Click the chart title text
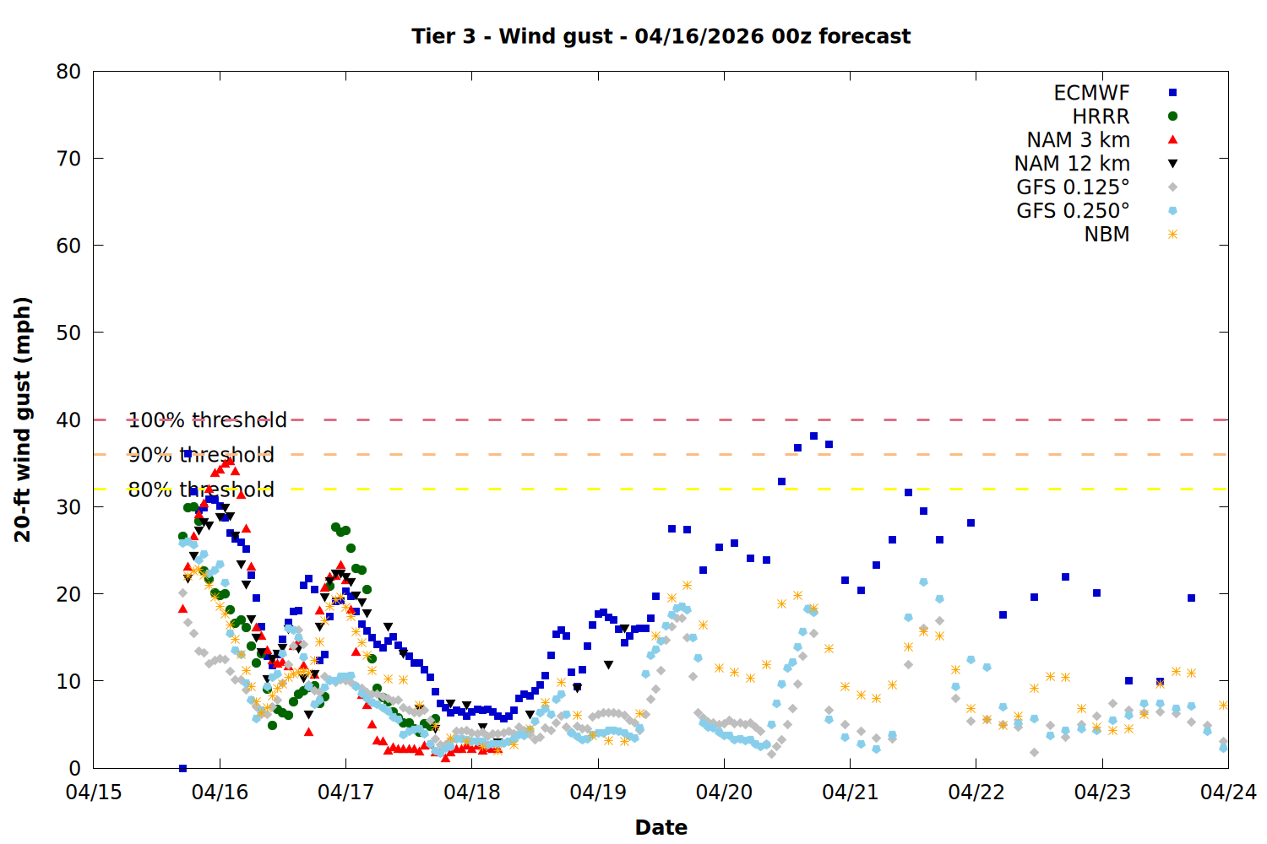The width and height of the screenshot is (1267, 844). (x=661, y=36)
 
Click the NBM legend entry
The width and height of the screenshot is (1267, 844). (x=1107, y=235)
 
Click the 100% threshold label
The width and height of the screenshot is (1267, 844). (x=207, y=420)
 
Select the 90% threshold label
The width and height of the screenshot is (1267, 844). (x=201, y=455)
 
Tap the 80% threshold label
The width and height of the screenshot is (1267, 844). (x=201, y=490)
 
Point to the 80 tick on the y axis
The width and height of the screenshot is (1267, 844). (x=69, y=72)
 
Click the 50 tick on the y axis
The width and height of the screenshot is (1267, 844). (x=69, y=333)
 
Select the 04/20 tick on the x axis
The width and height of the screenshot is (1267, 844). (x=724, y=793)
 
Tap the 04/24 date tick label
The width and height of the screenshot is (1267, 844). (x=1228, y=793)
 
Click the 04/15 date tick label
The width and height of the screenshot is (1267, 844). (x=94, y=793)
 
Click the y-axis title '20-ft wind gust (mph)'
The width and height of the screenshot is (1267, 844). (x=23, y=419)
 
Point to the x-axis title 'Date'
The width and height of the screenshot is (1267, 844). (x=661, y=827)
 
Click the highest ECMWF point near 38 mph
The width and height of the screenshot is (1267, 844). (x=813, y=436)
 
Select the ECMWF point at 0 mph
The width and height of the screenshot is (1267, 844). (x=182, y=768)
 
